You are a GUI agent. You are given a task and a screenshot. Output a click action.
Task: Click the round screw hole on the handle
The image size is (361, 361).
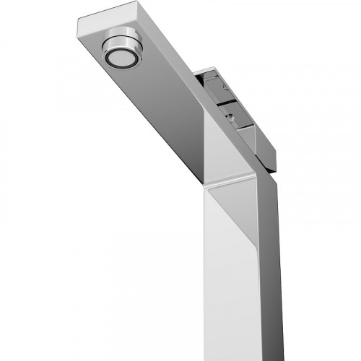click(x=229, y=113)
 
